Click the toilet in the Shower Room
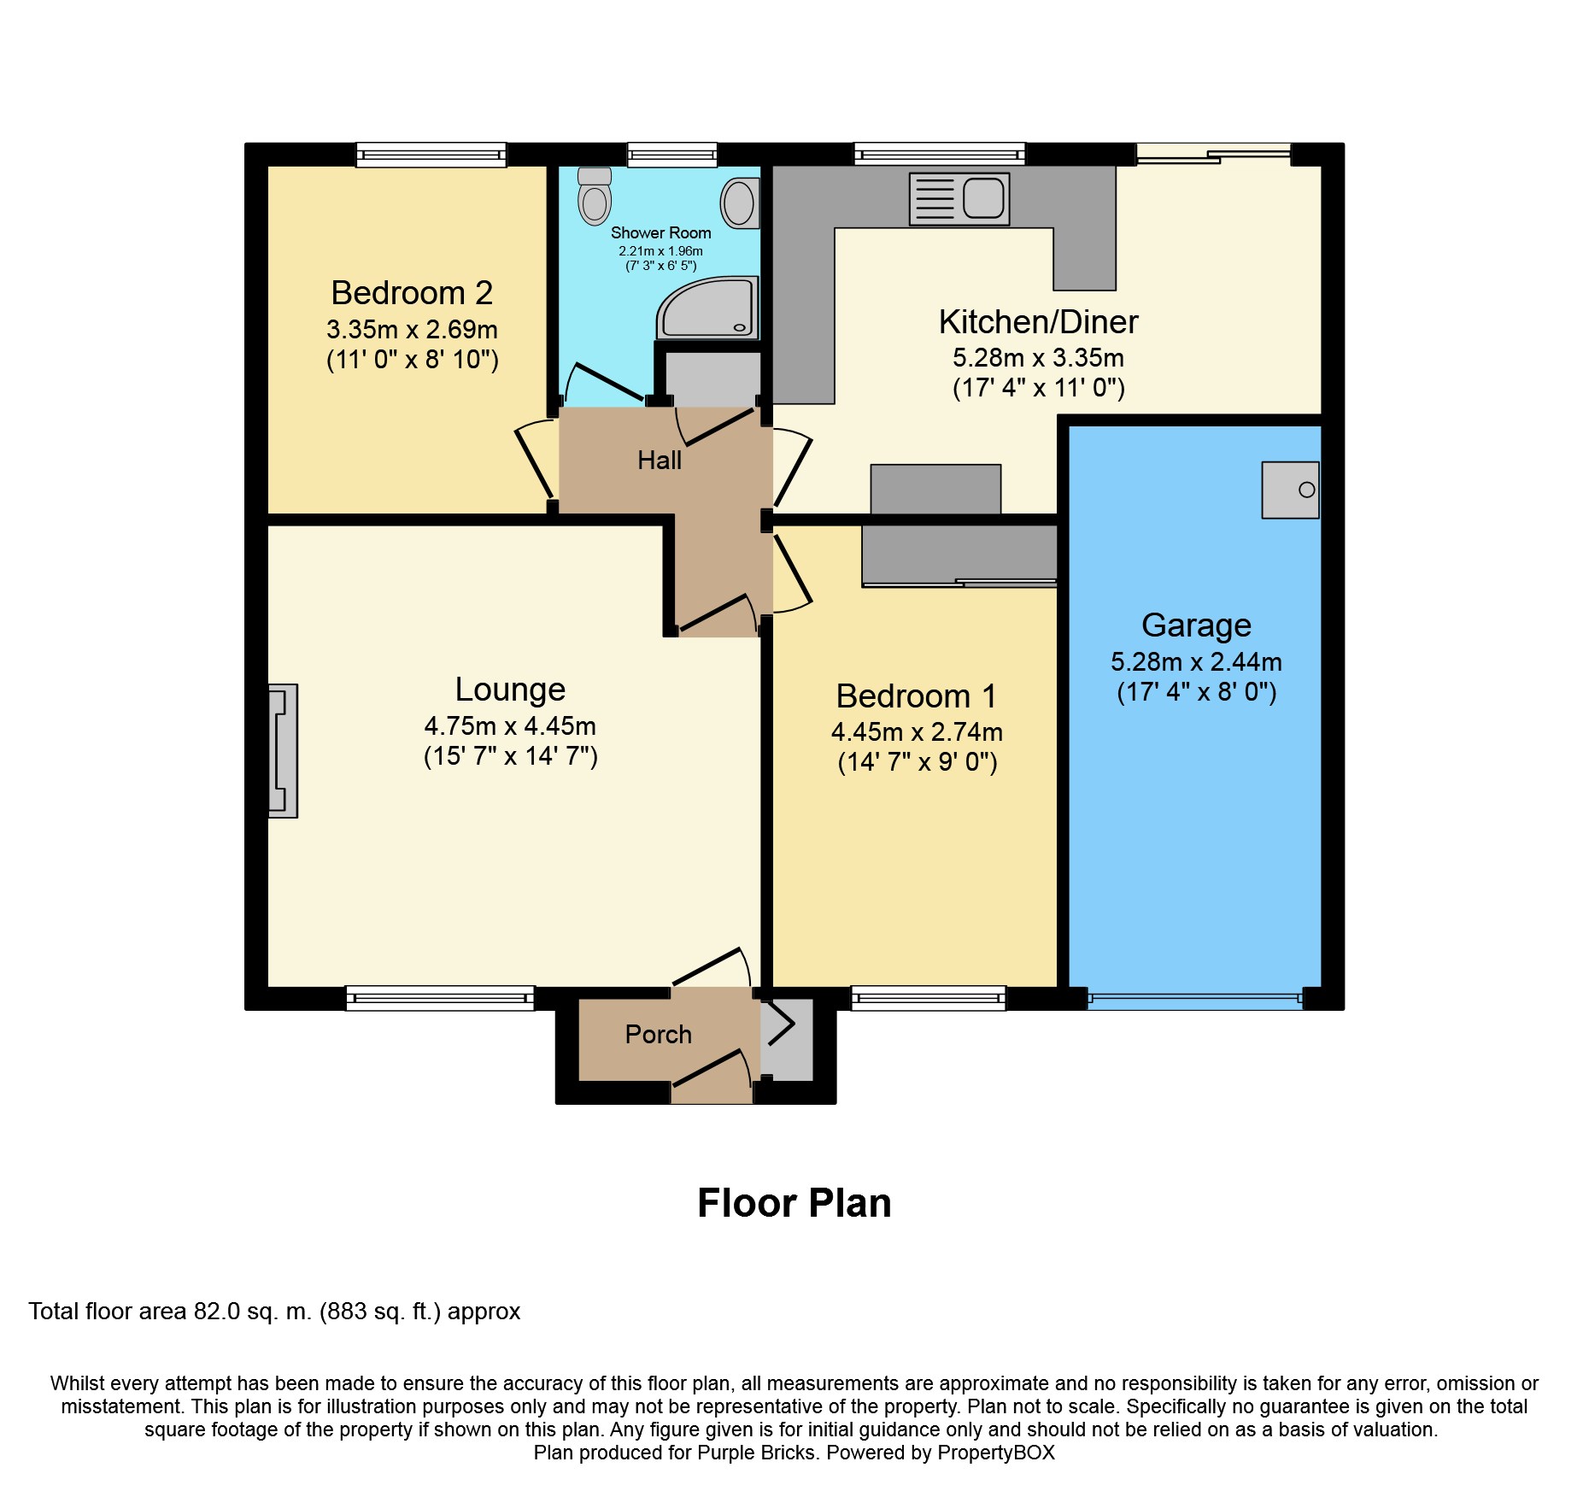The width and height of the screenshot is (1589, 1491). (x=595, y=196)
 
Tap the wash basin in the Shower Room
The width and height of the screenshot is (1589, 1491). (x=741, y=203)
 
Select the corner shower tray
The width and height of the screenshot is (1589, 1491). (x=707, y=307)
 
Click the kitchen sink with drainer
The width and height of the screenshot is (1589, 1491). (x=959, y=199)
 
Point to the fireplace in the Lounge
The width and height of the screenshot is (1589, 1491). (x=283, y=751)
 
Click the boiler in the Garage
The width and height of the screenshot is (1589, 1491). (x=1290, y=490)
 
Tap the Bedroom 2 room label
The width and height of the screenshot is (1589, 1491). (x=412, y=293)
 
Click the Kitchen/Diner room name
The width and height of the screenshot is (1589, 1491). (x=1038, y=322)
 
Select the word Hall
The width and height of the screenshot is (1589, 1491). (x=660, y=461)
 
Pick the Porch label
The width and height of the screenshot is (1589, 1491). (x=658, y=1035)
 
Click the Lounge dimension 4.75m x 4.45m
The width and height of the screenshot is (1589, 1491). (x=510, y=726)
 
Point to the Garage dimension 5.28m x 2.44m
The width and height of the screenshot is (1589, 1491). (x=1196, y=662)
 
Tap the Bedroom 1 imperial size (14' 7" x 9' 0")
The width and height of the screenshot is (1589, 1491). (x=918, y=762)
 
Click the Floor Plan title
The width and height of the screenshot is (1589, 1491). (x=794, y=1203)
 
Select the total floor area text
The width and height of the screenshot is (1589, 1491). (x=274, y=1312)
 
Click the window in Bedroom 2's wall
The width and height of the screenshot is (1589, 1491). (x=431, y=155)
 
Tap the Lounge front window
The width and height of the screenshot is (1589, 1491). (x=440, y=998)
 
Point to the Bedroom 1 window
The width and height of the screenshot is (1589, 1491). (x=929, y=998)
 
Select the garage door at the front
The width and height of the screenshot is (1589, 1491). (x=1196, y=998)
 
